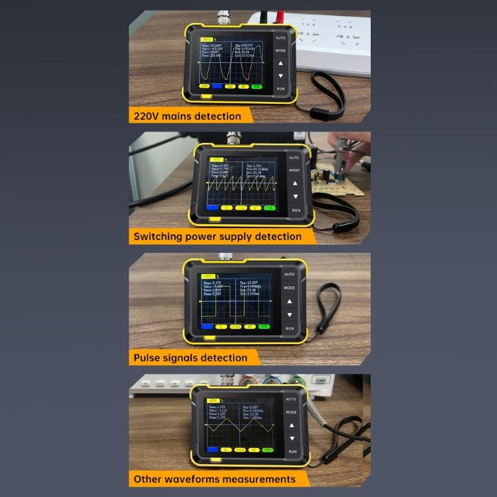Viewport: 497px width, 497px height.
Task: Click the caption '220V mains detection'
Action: [185, 116]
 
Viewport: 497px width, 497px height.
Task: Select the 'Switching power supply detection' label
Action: [217, 236]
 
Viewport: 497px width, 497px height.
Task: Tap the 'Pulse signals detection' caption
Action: [190, 357]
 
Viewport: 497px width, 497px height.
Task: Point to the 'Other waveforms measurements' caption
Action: [214, 479]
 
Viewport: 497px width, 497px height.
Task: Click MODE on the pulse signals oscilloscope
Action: [290, 288]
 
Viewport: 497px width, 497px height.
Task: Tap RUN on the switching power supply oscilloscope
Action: [296, 210]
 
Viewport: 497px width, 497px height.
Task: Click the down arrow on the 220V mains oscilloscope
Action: [281, 76]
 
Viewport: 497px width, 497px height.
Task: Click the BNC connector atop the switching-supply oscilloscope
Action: [234, 137]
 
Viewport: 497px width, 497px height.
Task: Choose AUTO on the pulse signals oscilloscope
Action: [290, 274]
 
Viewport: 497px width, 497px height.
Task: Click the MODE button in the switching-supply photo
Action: [294, 170]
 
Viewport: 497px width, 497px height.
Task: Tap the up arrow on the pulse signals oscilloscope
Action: [290, 301]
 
